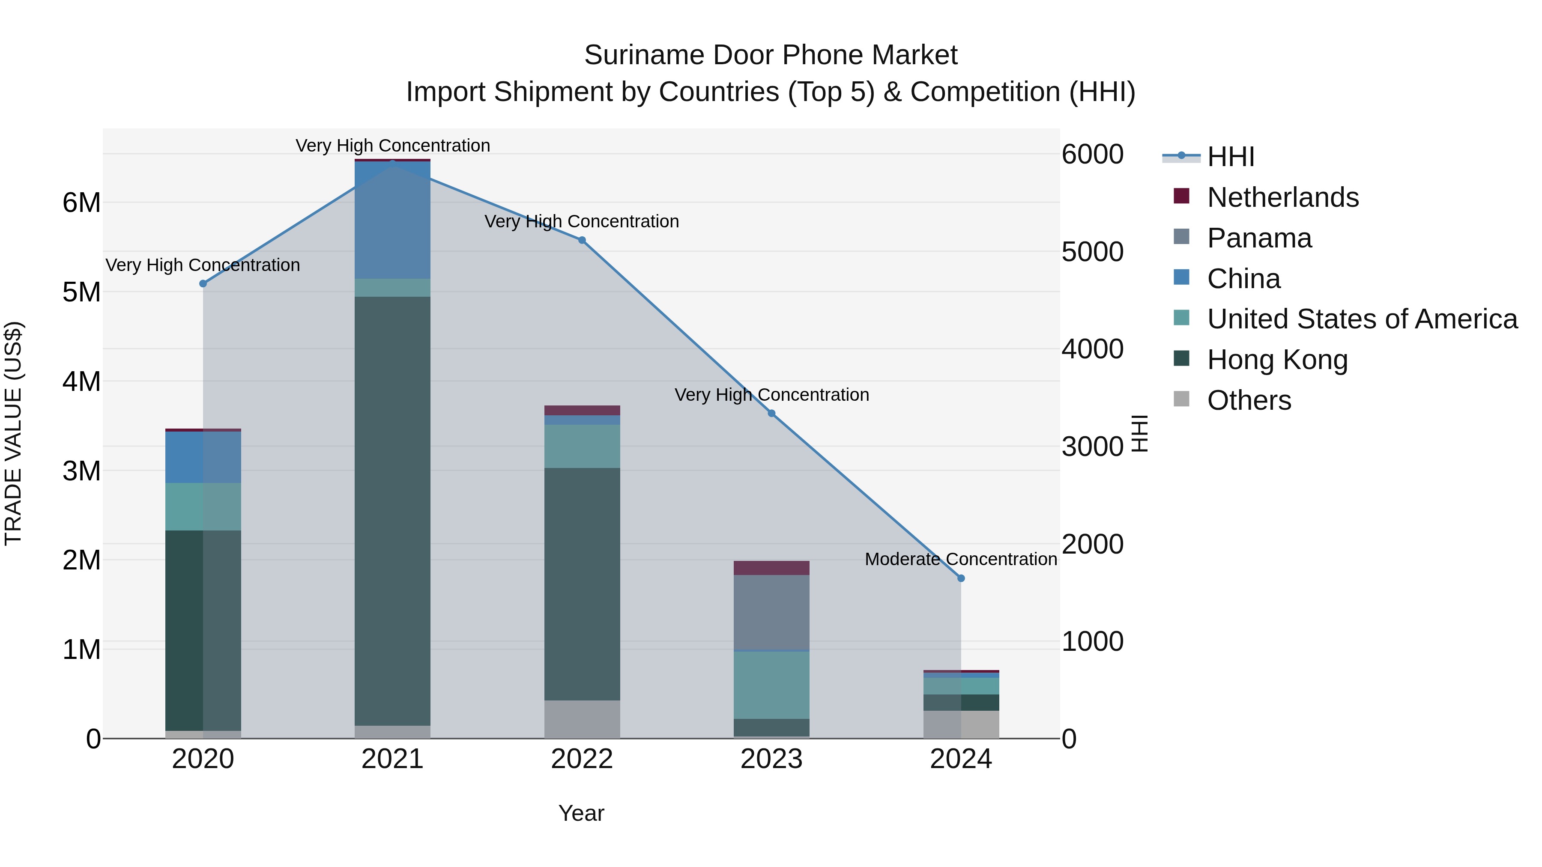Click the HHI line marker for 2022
(x=582, y=240)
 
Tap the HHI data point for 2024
(x=961, y=578)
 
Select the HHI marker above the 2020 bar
(x=203, y=283)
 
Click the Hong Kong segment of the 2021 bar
(x=392, y=509)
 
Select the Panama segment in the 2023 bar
(x=771, y=611)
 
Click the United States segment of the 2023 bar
(x=771, y=685)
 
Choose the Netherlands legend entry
(x=1282, y=197)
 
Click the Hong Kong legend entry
(x=1277, y=360)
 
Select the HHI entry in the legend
(x=1230, y=157)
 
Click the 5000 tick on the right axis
(x=1092, y=252)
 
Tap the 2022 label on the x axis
(x=582, y=759)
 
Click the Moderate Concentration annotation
(x=961, y=559)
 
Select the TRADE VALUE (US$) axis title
(x=13, y=433)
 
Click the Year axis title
(x=581, y=813)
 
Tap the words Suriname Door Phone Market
(x=771, y=55)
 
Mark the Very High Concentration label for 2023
(x=771, y=395)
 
